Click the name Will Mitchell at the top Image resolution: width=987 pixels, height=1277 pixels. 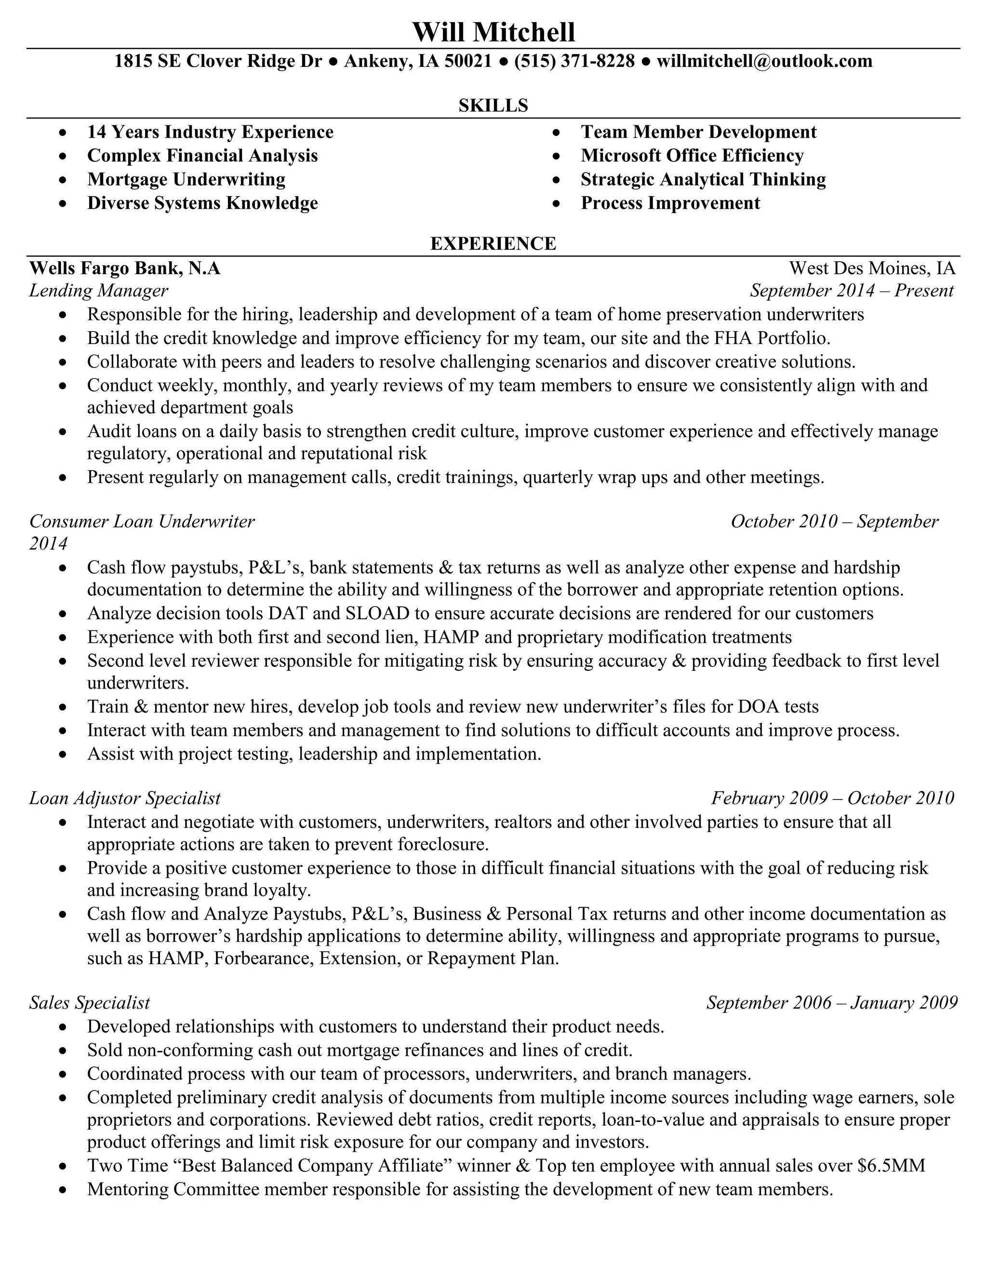pos(493,32)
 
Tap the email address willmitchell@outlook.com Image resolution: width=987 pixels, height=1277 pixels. pos(764,61)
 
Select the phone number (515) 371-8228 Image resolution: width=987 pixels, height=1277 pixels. pos(574,61)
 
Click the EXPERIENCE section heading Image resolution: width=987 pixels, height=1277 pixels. pos(493,243)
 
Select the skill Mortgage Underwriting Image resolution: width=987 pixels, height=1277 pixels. pos(186,179)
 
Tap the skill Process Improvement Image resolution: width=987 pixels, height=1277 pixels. pos(670,203)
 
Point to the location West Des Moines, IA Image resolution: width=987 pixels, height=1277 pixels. pos(872,268)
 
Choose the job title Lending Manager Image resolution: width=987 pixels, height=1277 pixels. pos(98,291)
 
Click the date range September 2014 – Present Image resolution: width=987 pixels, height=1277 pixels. pos(852,291)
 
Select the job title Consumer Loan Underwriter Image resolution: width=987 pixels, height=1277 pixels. pos(142,521)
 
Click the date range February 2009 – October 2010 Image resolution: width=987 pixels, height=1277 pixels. pos(832,798)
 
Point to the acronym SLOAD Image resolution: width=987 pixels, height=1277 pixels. pos(378,613)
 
